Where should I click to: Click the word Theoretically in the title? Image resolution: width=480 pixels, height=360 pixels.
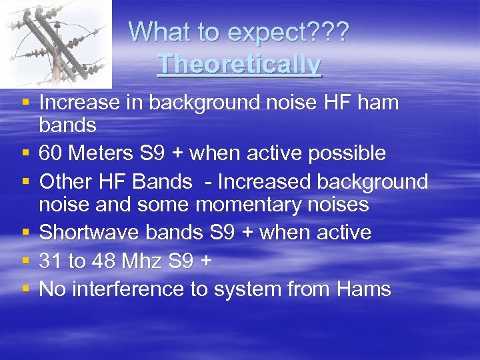point(239,65)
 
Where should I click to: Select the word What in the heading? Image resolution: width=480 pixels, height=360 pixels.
point(156,31)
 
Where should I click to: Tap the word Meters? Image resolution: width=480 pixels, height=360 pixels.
point(99,153)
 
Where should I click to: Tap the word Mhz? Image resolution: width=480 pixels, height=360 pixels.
point(144,261)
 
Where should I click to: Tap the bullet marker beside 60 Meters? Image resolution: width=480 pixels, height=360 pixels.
point(25,153)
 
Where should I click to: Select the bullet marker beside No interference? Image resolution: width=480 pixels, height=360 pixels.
point(25,289)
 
